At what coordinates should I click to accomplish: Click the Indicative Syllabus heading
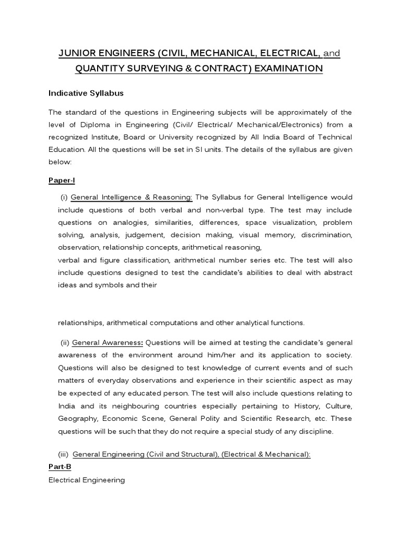(x=86, y=93)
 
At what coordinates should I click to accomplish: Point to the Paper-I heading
(x=62, y=180)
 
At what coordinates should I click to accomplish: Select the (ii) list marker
(x=65, y=343)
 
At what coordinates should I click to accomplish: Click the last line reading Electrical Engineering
(x=87, y=480)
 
